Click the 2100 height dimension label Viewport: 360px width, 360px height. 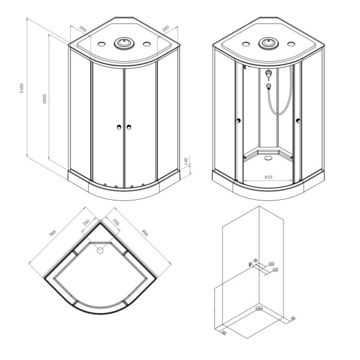(22, 89)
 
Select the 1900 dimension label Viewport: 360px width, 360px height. (44, 100)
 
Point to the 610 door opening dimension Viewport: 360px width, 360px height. (268, 177)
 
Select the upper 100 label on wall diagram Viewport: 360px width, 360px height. (271, 264)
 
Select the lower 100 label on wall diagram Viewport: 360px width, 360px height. (275, 270)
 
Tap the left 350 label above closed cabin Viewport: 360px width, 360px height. (82, 29)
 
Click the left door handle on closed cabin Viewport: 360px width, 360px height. (119, 127)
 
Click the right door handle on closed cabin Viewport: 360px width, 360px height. (128, 127)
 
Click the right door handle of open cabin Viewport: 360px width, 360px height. (298, 123)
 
